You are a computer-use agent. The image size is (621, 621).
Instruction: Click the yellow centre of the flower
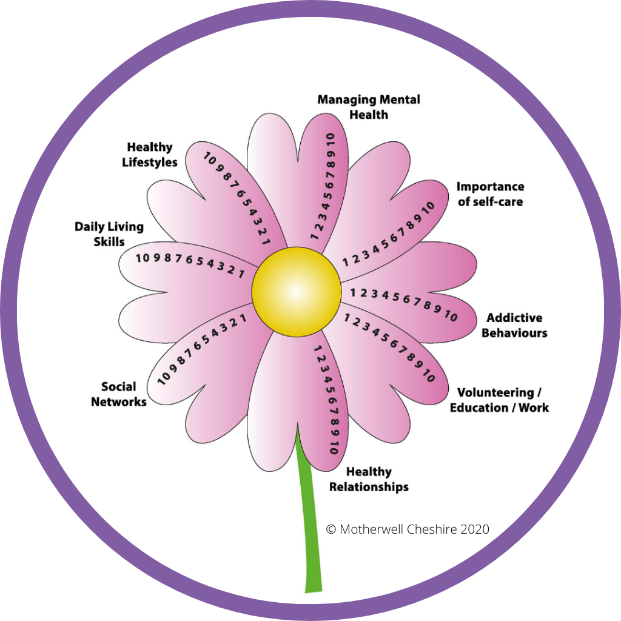click(x=297, y=291)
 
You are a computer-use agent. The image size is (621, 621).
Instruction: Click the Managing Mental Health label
click(x=369, y=107)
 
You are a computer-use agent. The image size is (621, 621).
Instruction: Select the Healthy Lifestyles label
click(x=150, y=155)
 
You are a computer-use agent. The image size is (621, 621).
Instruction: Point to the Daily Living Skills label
click(x=109, y=234)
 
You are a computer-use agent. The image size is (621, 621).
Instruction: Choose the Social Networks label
click(x=119, y=394)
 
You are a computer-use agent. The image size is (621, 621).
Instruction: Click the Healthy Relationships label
click(x=369, y=479)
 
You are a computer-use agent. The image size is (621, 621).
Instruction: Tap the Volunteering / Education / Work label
click(x=499, y=400)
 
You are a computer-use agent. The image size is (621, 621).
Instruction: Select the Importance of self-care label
click(x=490, y=193)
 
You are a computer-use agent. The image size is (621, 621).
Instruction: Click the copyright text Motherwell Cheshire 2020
click(x=408, y=529)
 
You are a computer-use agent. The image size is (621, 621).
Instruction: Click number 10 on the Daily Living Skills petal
click(x=143, y=258)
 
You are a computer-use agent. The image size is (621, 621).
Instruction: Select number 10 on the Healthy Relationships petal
click(x=334, y=447)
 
